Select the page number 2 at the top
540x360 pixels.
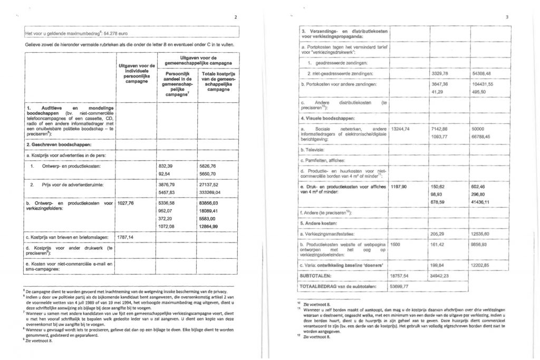coord(236,17)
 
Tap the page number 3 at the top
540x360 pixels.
coord(507,17)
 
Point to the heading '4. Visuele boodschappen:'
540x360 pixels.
coord(327,120)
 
